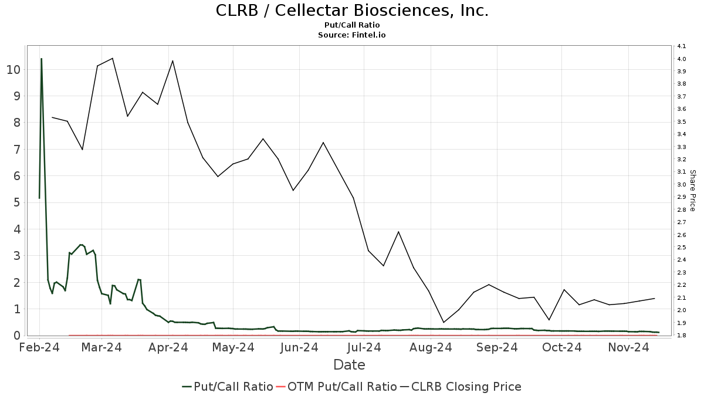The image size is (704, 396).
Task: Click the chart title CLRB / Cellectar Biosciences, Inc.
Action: pos(352,11)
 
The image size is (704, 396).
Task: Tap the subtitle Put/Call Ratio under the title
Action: pos(352,25)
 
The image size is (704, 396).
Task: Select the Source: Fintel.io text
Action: pos(352,35)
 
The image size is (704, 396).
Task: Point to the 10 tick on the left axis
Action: pos(13,69)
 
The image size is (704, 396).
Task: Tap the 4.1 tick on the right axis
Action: pos(682,46)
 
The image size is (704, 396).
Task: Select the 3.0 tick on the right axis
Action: pos(682,185)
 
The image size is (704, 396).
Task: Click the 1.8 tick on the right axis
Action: pos(682,336)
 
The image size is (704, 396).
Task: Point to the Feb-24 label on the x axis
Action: pos(39,348)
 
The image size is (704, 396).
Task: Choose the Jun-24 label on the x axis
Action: pos(300,348)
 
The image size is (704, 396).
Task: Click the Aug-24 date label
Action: pos(431,348)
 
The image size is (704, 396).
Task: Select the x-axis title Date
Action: pos(349,365)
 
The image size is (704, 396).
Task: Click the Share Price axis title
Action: pos(692,191)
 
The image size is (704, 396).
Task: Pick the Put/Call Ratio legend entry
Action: pos(228,387)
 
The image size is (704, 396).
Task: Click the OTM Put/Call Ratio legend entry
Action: pos(336,387)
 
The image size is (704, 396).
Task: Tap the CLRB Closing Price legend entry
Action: pos(461,387)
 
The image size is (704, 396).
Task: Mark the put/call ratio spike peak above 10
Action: pos(41,59)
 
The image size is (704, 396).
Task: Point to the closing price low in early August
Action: pos(444,322)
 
